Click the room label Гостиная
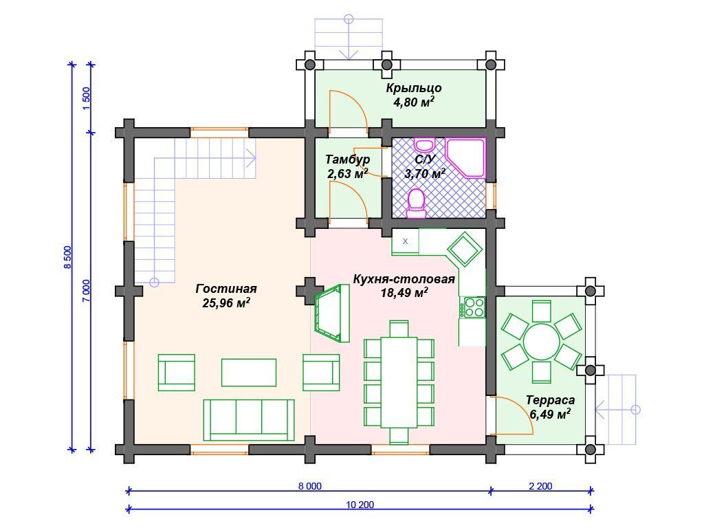[x=225, y=289]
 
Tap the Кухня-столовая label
[x=404, y=279]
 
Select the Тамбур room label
[x=347, y=159]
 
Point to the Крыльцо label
[x=413, y=88]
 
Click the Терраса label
[x=550, y=399]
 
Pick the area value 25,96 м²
[x=225, y=303]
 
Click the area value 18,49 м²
[x=404, y=293]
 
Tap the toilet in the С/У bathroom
[x=417, y=203]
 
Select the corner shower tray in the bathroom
[x=466, y=157]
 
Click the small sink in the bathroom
[x=424, y=144]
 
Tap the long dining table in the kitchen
[x=399, y=382]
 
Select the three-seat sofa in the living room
[x=249, y=420]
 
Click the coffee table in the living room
[x=249, y=372]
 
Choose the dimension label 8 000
[x=310, y=486]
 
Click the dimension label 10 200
[x=360, y=504]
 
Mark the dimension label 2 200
[x=540, y=486]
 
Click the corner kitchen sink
[x=465, y=249]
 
